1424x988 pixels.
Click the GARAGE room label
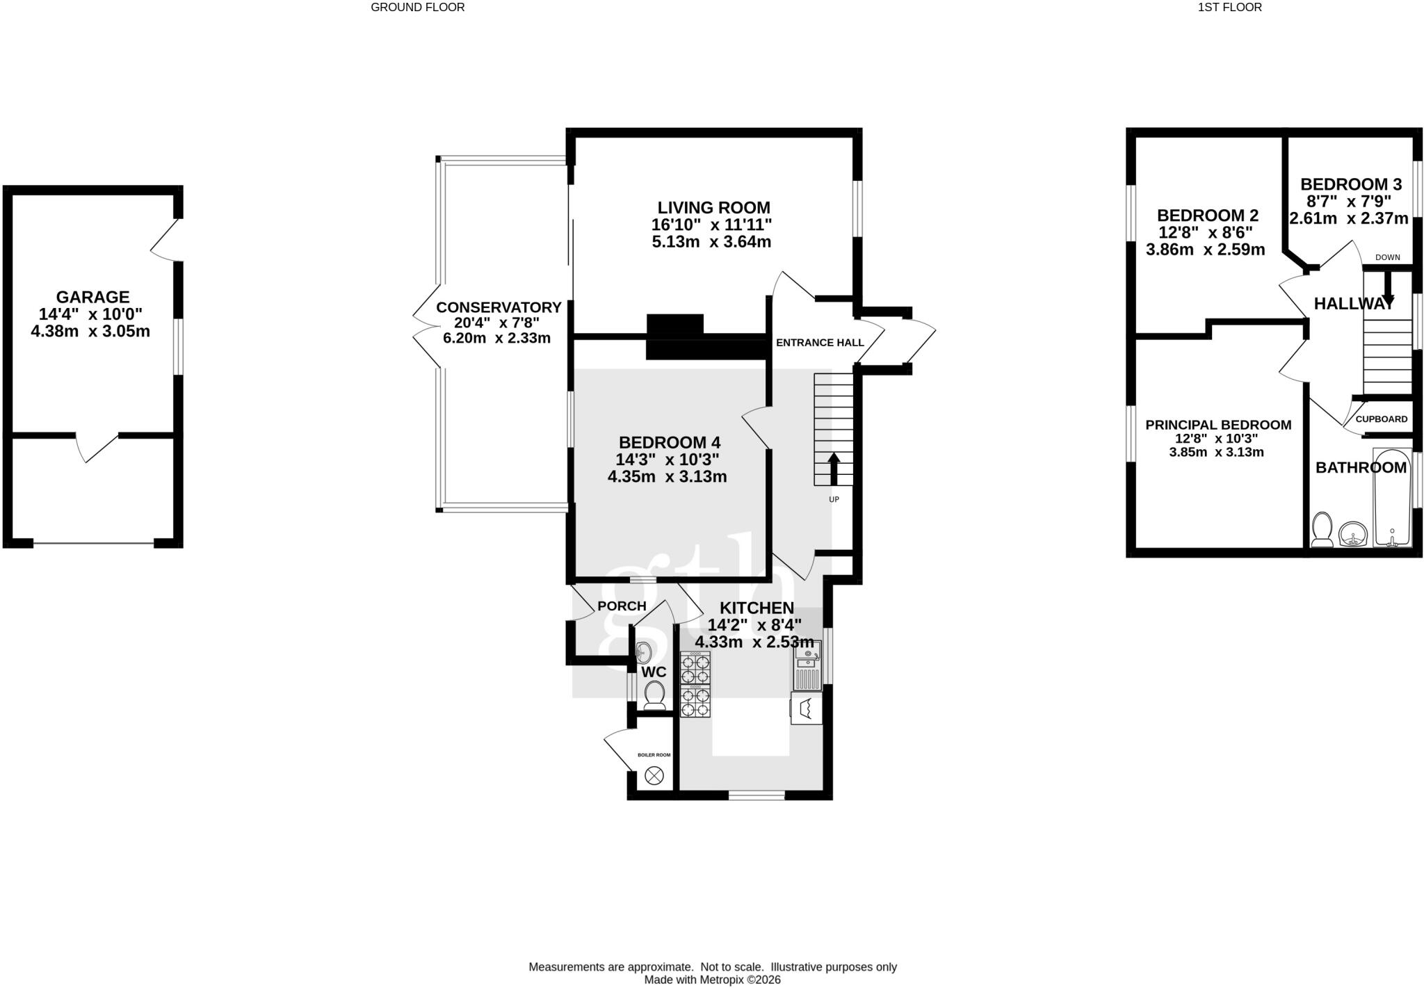coord(93,298)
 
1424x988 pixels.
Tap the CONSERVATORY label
coord(499,307)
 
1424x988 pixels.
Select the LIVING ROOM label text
coord(714,207)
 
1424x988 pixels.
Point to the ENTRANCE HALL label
coord(820,343)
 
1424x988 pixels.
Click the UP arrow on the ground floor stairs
coord(833,468)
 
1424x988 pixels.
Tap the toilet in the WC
coord(654,695)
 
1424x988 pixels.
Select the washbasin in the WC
coord(644,652)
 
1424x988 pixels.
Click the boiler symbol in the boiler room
coord(654,776)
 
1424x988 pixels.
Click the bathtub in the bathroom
coord(1392,498)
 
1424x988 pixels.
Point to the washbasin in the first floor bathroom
coord(1353,534)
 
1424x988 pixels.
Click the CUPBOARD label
coord(1382,419)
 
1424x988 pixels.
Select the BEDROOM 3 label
coord(1351,184)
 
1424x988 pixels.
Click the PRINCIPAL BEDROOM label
coord(1218,425)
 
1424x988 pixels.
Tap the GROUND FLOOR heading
coord(418,8)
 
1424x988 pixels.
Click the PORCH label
coord(622,606)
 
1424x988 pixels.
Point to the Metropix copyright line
coord(713,980)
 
